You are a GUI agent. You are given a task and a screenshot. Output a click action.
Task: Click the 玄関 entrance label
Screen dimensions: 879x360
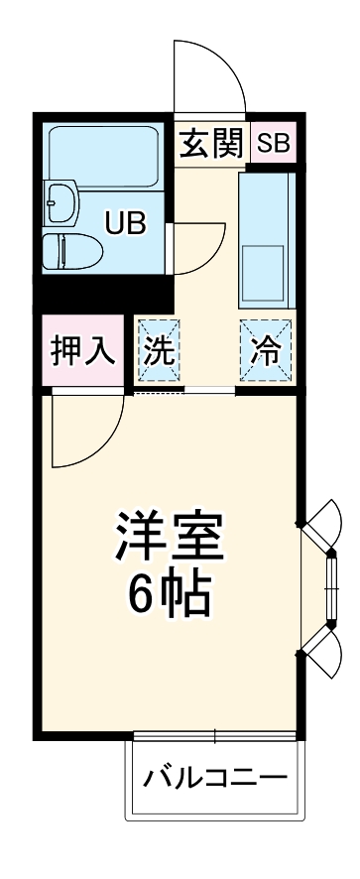(x=210, y=144)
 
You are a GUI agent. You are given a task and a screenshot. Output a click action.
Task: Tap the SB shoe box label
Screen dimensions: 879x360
(x=273, y=144)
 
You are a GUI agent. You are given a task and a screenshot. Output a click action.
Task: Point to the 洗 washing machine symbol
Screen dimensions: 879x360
(x=158, y=351)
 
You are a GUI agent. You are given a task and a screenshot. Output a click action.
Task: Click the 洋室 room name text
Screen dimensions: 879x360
(x=168, y=537)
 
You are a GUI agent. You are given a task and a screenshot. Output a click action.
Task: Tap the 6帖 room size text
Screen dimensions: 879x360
(x=168, y=592)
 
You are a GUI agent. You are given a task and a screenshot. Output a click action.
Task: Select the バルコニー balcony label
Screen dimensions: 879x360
(x=214, y=777)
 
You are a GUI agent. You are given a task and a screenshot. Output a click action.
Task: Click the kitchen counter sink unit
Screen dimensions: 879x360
(x=265, y=238)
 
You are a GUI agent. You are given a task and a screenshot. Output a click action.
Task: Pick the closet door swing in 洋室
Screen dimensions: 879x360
(x=87, y=429)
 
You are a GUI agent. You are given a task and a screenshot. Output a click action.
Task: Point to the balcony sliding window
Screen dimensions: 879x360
(x=216, y=736)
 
